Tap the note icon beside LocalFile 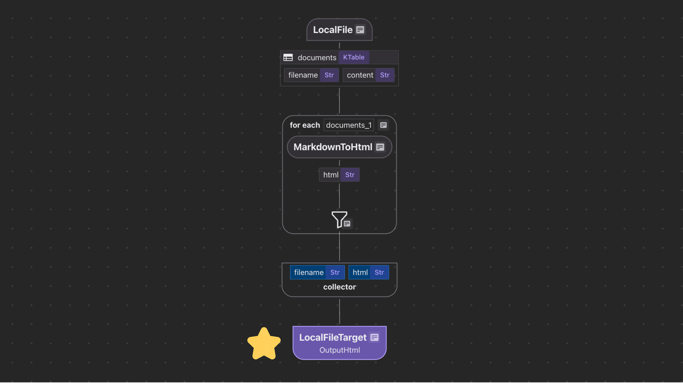[x=360, y=30]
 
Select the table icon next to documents [x=288, y=57]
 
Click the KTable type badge [x=353, y=57]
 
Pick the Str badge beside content [x=385, y=75]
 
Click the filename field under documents [x=303, y=75]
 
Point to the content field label [x=360, y=75]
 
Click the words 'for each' [x=305, y=125]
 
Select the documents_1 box [x=348, y=125]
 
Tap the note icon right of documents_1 [x=383, y=125]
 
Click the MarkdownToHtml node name [x=333, y=147]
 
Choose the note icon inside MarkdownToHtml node [x=380, y=147]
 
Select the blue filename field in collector [x=309, y=272]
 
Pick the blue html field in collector [x=360, y=272]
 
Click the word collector [x=339, y=287]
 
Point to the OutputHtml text [x=339, y=350]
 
